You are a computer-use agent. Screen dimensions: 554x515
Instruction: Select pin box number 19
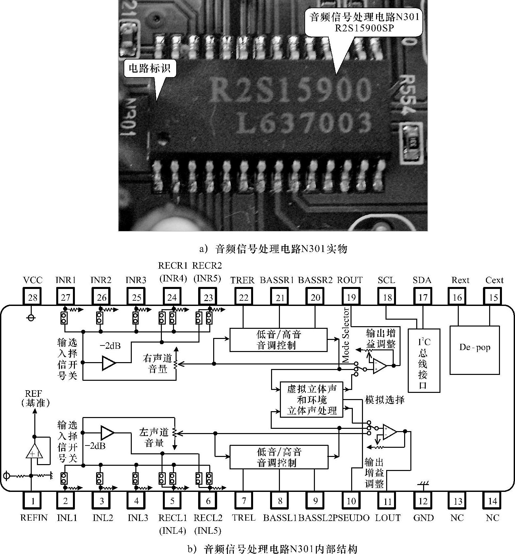[351, 297]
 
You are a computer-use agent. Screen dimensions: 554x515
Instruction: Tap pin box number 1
[33, 500]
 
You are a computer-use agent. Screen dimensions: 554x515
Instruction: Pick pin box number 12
[423, 500]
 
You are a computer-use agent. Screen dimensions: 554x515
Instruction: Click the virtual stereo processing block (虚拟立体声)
[312, 400]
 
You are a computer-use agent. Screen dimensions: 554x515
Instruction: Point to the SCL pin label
[386, 280]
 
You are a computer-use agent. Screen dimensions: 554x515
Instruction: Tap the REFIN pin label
[34, 518]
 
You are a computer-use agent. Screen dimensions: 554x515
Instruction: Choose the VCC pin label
[33, 280]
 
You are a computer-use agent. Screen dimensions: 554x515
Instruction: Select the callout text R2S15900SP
[364, 28]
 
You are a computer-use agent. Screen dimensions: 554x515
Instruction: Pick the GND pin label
[423, 518]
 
